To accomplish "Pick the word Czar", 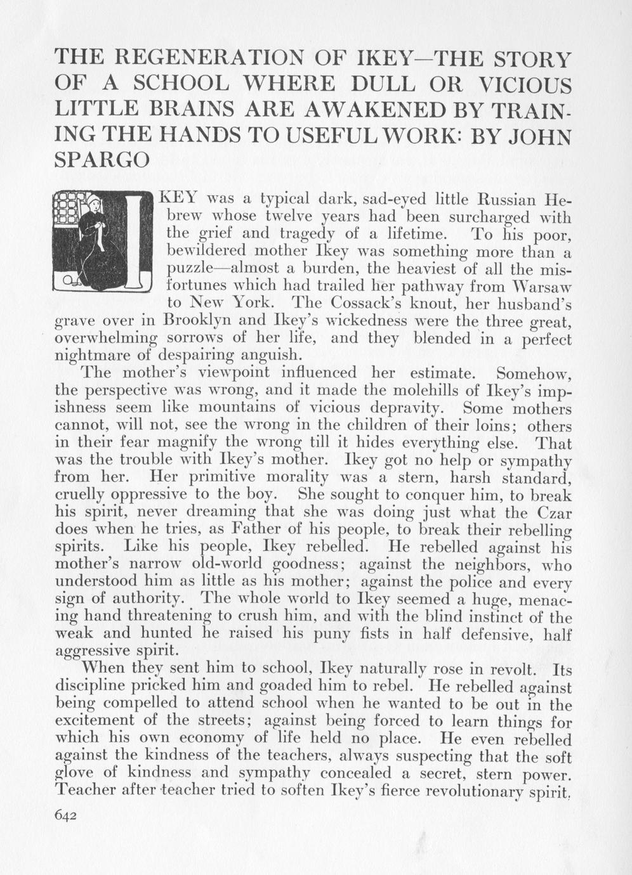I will click(x=552, y=512).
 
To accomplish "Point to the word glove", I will click(x=74, y=774).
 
